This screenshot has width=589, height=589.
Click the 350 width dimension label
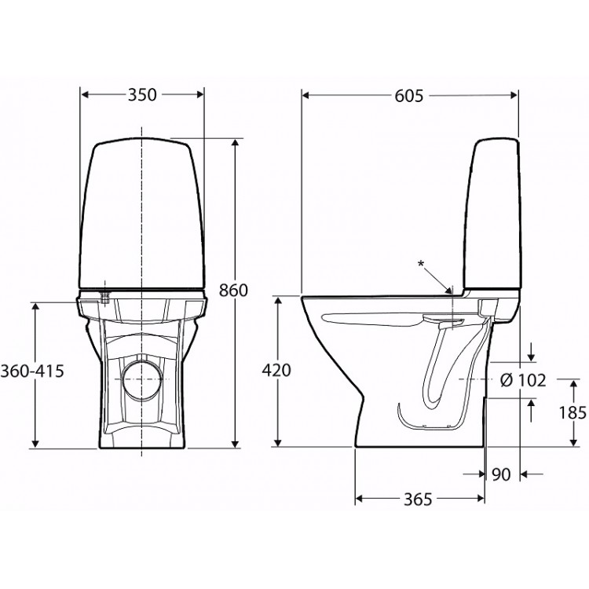142,95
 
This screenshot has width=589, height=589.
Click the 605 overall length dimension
409,95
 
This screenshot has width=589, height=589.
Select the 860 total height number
233,291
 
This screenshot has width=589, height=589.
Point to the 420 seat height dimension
276,371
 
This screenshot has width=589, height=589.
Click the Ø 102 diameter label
522,380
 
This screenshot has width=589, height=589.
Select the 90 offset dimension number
502,474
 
